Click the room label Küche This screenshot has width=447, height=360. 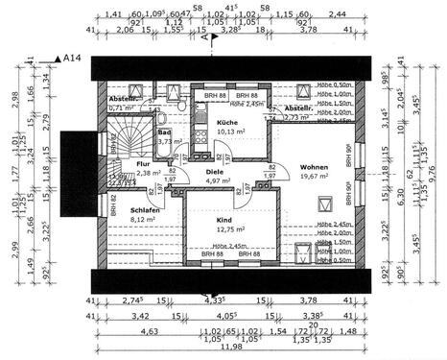pos(226,124)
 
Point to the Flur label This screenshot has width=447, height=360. pos(143,164)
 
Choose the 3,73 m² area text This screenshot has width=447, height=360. pos(168,141)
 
